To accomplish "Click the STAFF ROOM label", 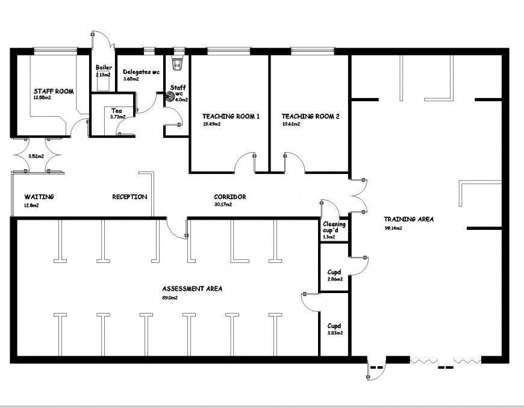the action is click(x=54, y=91).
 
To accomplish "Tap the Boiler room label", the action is click(x=104, y=67).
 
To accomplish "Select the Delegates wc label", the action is click(x=141, y=72).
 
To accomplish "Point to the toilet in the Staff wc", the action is click(x=177, y=63).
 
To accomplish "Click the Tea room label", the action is click(x=117, y=111).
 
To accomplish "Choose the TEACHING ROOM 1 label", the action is click(x=231, y=116).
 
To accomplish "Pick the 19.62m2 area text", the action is click(x=291, y=124).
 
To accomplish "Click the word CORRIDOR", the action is click(x=230, y=197).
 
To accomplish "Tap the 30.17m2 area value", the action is click(x=223, y=205).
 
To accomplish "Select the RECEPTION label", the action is click(x=129, y=197).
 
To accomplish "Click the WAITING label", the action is click(x=39, y=197).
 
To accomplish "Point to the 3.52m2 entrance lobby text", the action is click(x=36, y=156).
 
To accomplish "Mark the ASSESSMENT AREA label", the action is click(x=192, y=289).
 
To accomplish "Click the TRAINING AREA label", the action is click(x=409, y=220).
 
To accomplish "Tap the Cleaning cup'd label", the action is click(x=334, y=227).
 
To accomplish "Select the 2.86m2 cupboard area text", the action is click(x=335, y=279).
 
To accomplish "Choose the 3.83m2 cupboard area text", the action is click(x=335, y=333).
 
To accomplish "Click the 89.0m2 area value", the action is click(x=170, y=297).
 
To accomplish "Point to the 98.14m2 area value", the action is click(x=393, y=229).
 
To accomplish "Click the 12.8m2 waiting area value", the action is click(x=31, y=205).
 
